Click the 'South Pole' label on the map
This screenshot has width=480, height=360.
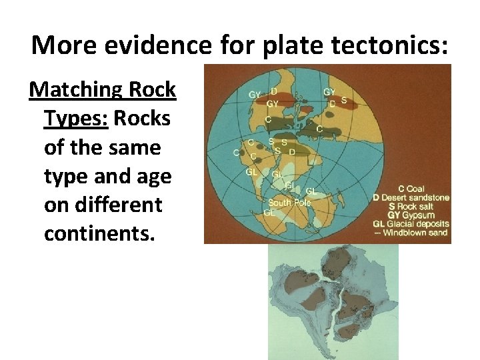289,203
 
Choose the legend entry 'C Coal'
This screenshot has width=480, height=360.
411,189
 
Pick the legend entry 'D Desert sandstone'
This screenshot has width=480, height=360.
411,197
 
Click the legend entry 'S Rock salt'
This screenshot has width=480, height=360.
407,206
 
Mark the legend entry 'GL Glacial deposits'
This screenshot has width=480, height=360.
412,223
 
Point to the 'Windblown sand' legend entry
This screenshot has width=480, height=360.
416,232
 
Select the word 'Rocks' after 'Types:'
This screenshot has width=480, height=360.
142,118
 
